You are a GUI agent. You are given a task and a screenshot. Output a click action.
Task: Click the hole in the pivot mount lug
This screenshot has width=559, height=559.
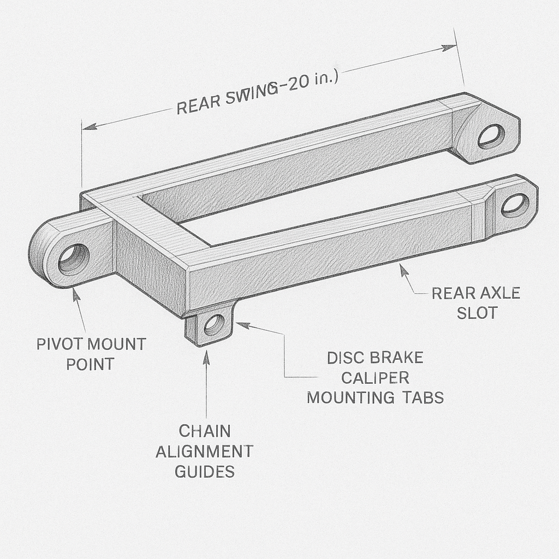tap(74, 259)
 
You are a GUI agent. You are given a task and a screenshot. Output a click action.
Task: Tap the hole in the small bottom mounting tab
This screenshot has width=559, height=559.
tap(215, 324)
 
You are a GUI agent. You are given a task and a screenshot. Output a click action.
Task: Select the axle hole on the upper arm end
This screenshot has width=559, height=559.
tap(491, 136)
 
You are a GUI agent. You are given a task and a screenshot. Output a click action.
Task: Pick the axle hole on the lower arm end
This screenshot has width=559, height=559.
tap(515, 205)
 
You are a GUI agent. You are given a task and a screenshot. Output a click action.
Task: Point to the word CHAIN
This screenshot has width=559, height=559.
tap(205, 431)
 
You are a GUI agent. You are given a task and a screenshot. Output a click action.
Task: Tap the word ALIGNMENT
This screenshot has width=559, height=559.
tap(205, 451)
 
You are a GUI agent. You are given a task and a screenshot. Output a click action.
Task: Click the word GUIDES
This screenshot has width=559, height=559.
tap(205, 472)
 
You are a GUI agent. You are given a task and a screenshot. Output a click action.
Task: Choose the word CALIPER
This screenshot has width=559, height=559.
tap(376, 378)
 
